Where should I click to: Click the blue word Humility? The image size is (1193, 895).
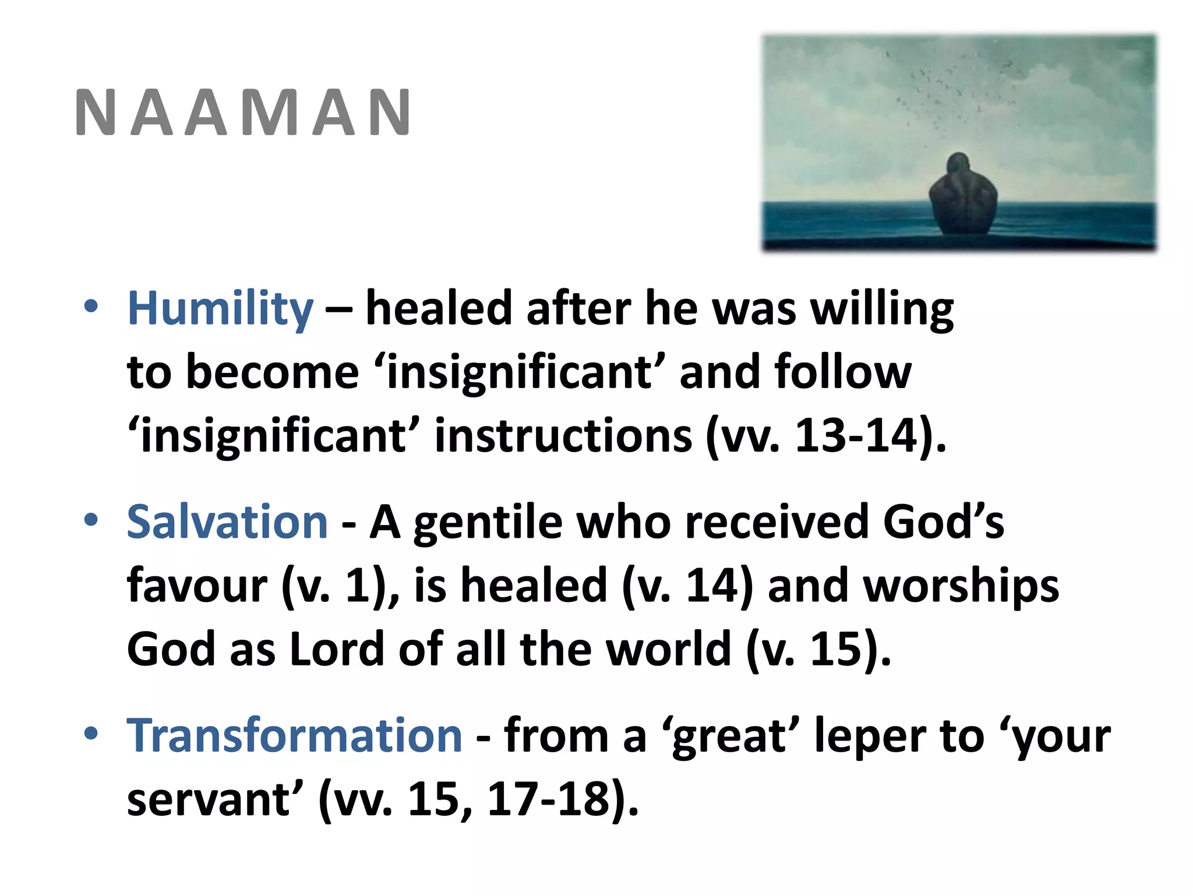coord(220,309)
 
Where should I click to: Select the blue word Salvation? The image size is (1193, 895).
coord(227,522)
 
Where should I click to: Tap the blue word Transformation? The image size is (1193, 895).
coord(295,735)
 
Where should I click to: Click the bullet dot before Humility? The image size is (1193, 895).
coord(91,306)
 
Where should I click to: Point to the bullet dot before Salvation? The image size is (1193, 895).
coord(91,520)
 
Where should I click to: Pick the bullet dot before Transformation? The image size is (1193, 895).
coord(91,733)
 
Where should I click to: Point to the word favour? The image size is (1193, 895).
coord(197,586)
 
